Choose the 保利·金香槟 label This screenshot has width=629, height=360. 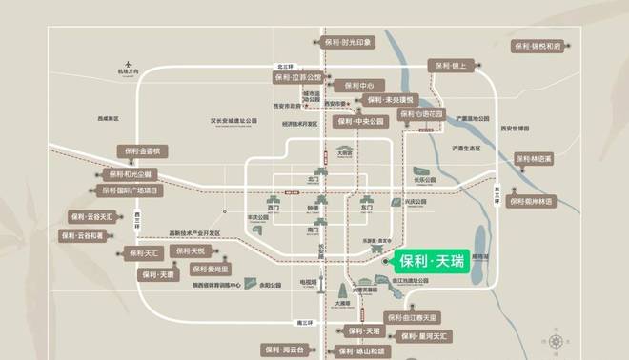click(142, 150)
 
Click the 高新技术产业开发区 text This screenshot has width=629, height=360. click(194, 232)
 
